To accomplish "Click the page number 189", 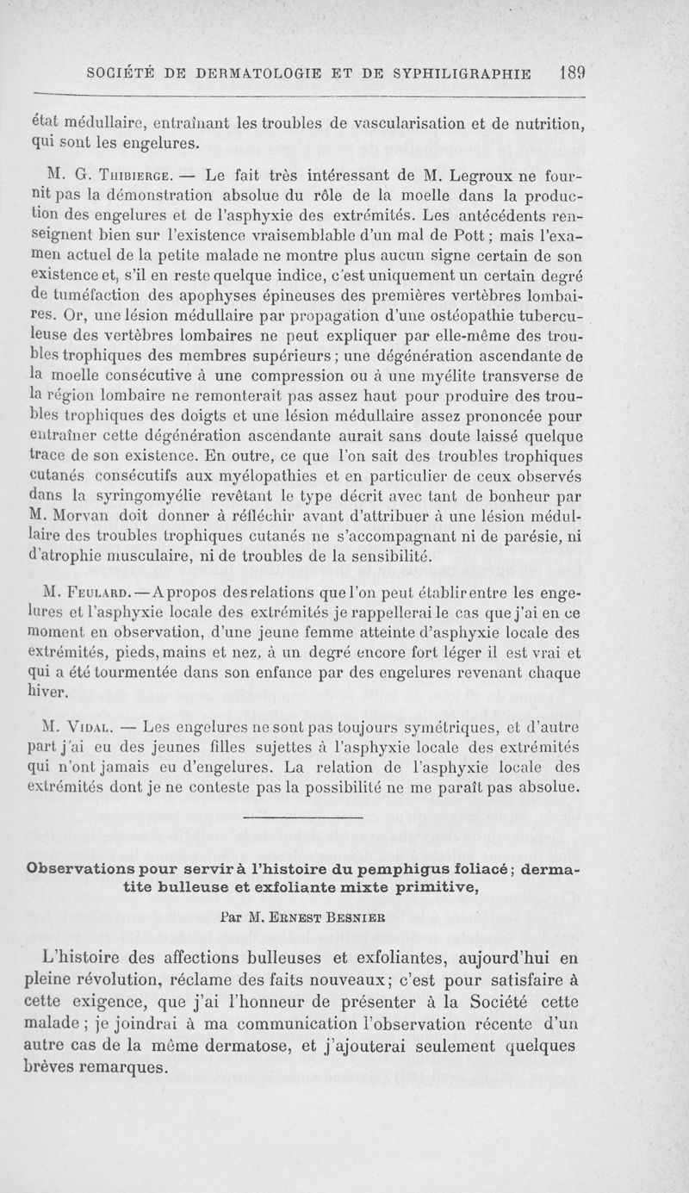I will pyautogui.click(x=570, y=71).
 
